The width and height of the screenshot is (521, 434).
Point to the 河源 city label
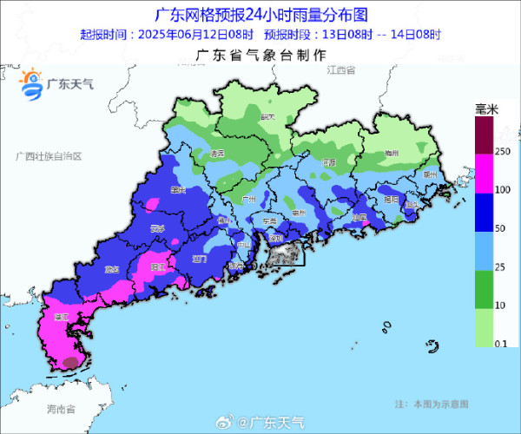tap(327, 162)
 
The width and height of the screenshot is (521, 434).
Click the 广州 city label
tap(247, 199)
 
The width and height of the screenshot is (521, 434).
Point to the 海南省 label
tap(61, 408)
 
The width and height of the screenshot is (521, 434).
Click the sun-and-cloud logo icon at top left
tap(32, 83)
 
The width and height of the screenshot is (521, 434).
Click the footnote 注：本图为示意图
tap(431, 404)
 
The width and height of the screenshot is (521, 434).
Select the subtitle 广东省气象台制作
tap(260, 54)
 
